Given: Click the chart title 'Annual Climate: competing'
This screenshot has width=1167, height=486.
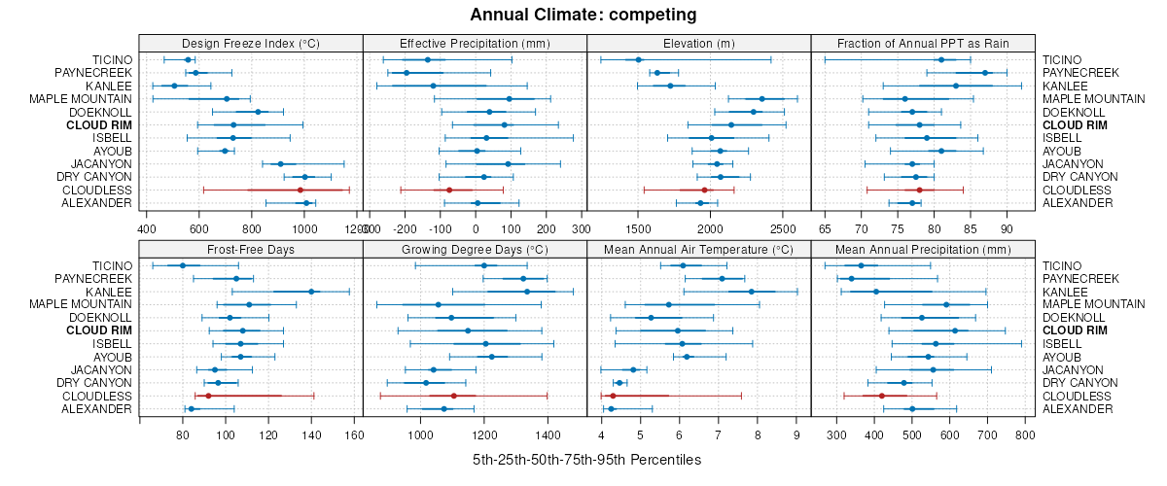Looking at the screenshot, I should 583,15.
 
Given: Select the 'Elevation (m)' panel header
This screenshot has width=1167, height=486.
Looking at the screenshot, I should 698,43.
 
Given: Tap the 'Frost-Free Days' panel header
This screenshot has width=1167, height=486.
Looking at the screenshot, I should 251,249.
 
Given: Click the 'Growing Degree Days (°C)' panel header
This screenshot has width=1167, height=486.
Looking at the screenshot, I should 475,249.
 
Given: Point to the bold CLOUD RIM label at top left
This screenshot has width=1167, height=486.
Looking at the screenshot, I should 99,124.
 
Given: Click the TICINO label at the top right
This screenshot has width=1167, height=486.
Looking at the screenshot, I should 1062,59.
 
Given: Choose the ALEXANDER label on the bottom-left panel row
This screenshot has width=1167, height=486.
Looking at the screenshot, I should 96,408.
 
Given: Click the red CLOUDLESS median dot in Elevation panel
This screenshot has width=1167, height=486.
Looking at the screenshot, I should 705,190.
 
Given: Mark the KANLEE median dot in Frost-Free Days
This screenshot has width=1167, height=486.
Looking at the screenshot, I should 311,292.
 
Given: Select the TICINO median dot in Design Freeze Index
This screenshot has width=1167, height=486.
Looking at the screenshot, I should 188,60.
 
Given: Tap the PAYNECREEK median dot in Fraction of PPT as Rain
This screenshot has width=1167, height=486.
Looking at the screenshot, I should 985,73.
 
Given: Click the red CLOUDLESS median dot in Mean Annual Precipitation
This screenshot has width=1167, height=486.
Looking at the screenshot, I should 882,396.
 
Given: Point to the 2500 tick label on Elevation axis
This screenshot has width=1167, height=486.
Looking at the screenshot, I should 780,228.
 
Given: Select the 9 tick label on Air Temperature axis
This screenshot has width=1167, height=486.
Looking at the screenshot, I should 796,434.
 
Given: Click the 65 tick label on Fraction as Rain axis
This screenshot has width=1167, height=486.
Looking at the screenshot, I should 825,228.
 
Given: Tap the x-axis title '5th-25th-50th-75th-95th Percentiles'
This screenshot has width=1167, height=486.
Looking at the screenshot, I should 586,460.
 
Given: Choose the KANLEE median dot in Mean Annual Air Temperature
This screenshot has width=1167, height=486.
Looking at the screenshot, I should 752,292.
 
